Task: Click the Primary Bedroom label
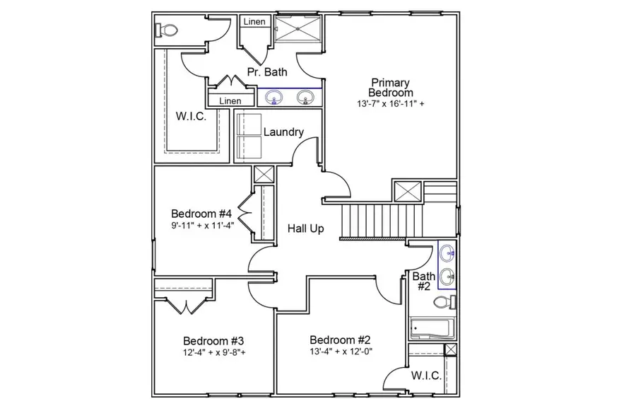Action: coord(391,88)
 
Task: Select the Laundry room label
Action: coord(283,132)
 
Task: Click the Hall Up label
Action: coord(306,229)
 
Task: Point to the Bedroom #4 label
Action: coord(201,214)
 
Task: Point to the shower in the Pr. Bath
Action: coord(296,30)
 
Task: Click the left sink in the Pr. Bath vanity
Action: coord(274,97)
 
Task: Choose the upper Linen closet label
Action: coord(254,22)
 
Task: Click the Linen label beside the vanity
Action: coord(230,101)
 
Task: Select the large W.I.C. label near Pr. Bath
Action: coord(191,117)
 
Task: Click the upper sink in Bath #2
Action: coord(447,253)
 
